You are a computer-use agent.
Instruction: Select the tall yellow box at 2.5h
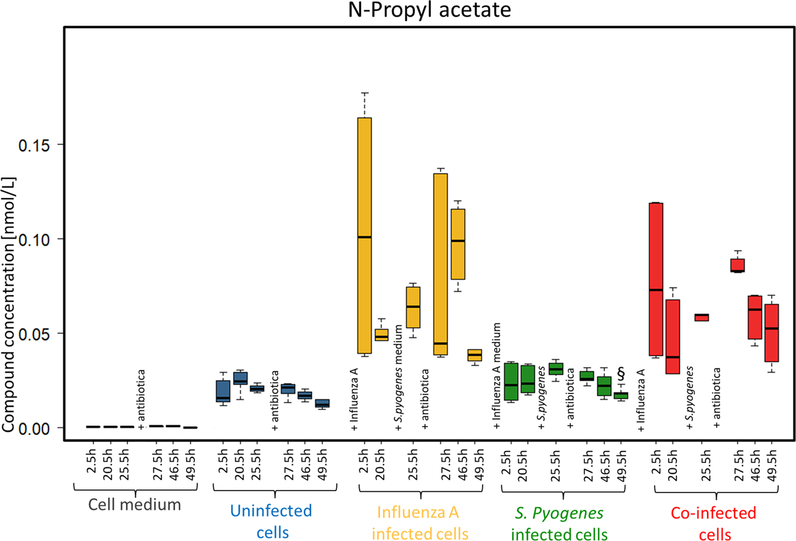point(364,236)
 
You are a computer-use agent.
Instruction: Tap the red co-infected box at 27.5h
point(738,265)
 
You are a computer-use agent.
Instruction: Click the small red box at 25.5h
point(701,317)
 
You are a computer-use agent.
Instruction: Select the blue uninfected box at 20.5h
point(240,377)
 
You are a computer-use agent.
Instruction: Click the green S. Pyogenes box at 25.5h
point(556,369)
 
